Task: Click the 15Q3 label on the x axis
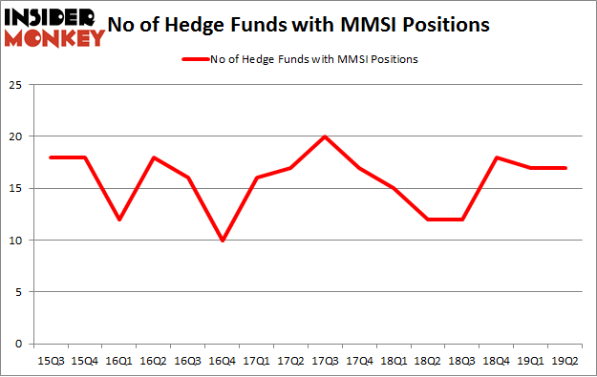pyautogui.click(x=52, y=361)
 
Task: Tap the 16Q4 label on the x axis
pyautogui.click(x=223, y=361)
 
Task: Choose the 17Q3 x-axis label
pyautogui.click(x=326, y=361)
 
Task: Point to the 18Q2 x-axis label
pyautogui.click(x=429, y=361)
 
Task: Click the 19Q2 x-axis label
pyautogui.click(x=566, y=361)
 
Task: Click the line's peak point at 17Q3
pyautogui.click(x=326, y=136)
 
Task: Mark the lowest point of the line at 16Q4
pyautogui.click(x=223, y=241)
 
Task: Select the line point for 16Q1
pyautogui.click(x=119, y=220)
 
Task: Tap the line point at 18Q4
pyautogui.click(x=498, y=157)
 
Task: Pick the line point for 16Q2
pyautogui.click(x=154, y=157)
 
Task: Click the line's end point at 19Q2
pyautogui.click(x=566, y=168)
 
